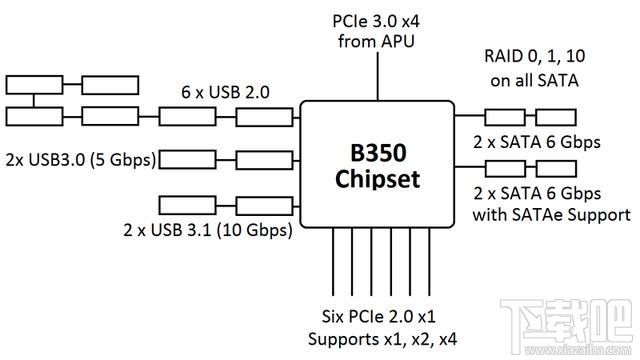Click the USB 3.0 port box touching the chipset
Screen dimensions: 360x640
[264, 157]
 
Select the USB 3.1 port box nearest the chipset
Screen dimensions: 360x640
[264, 207]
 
